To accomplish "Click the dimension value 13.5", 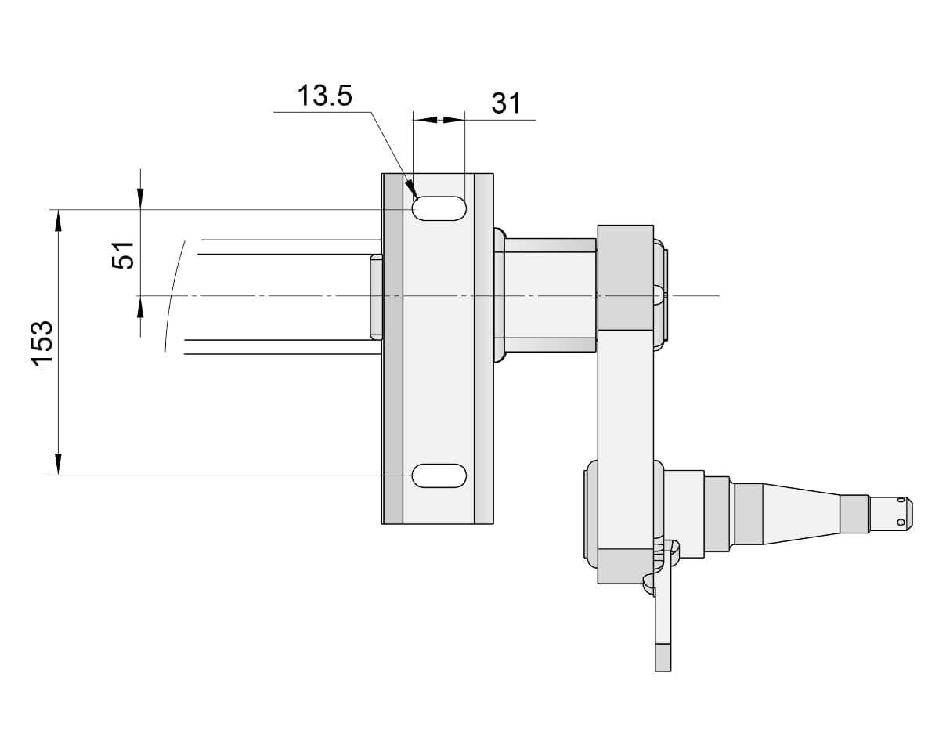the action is tap(324, 96).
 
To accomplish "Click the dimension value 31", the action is tap(507, 103).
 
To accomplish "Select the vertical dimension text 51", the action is tap(124, 255).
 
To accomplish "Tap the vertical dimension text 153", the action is tap(42, 343).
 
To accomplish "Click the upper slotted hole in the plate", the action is tap(439, 208).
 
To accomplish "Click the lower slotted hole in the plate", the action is tap(439, 475).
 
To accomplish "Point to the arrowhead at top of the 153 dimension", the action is tap(58, 220).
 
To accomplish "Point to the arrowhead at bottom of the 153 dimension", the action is tap(58, 465).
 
